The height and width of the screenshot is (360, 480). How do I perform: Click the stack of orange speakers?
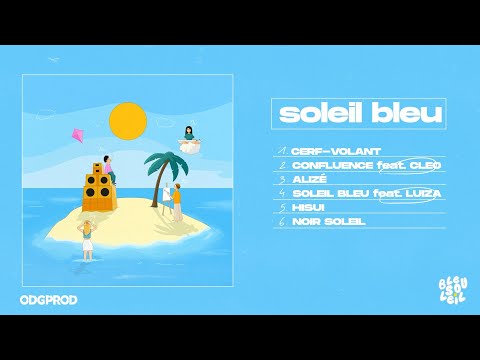click(x=96, y=193)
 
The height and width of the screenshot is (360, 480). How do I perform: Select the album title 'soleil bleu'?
click(x=359, y=114)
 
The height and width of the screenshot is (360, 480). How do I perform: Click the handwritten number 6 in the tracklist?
click(x=283, y=220)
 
